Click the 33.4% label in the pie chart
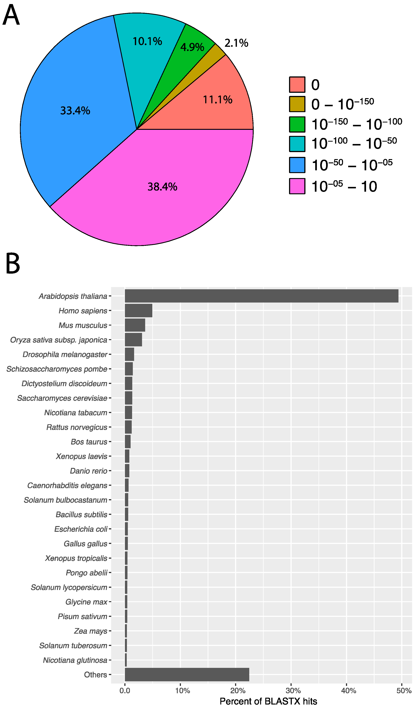[75, 111]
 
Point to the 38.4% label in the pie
[162, 187]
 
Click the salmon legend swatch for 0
[297, 85]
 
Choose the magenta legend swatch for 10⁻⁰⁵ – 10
[297, 186]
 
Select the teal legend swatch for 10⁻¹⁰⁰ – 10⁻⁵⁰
[297, 144]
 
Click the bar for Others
[187, 674]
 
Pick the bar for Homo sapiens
[138, 310]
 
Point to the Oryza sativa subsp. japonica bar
[133, 340]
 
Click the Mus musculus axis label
[83, 325]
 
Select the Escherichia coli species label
[81, 529]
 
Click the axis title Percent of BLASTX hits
[268, 701]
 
